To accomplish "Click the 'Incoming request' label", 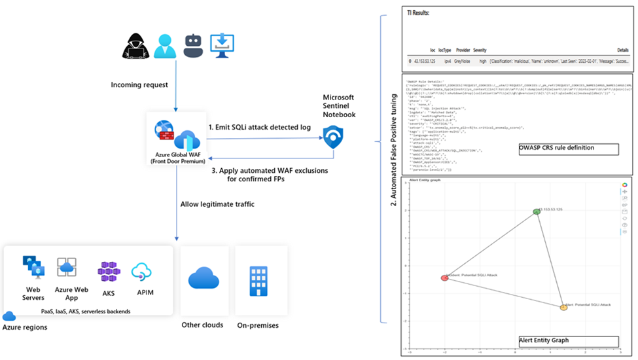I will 139,84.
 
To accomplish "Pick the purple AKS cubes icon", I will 109,271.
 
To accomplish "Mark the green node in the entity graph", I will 537,211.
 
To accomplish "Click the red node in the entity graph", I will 444,278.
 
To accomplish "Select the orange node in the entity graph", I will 563,306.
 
